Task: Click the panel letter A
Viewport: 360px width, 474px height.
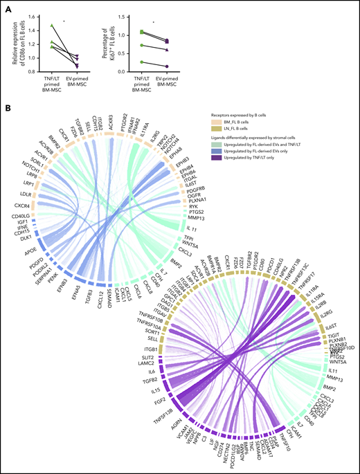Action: (x=7, y=6)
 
